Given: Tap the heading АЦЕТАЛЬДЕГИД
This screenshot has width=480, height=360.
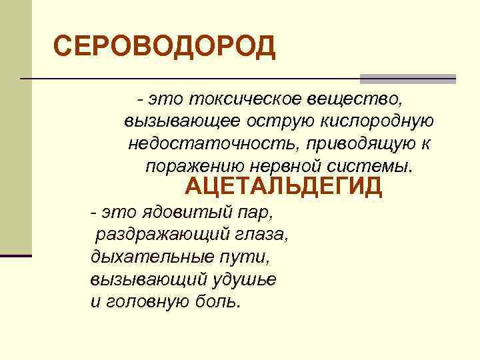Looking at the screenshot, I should coord(283,187).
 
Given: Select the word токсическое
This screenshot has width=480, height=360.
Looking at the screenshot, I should coord(246,99).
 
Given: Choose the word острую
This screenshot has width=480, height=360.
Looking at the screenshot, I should coord(272,121).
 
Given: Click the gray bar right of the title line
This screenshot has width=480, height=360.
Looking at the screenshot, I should coord(408,79).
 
